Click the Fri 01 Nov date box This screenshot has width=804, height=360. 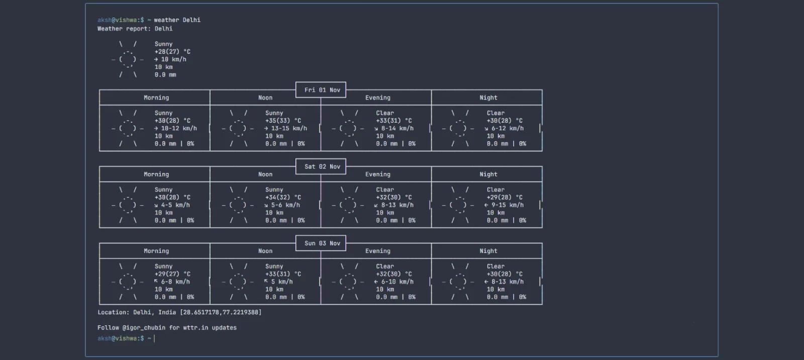321,90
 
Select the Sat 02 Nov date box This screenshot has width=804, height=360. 321,166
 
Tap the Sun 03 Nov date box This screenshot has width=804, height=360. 321,243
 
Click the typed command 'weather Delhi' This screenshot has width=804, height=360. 177,20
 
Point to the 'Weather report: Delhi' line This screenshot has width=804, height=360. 135,29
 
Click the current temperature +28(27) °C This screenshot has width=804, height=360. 173,52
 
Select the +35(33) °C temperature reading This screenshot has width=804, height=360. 283,121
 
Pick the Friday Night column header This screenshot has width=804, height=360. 488,98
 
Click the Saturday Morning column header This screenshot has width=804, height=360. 156,174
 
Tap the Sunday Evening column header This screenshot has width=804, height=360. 377,251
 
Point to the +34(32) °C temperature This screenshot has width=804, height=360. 283,197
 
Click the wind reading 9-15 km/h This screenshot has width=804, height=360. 508,205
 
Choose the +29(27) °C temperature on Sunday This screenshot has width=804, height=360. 173,274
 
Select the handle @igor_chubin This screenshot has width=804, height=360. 142,328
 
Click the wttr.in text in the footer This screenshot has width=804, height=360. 195,328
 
